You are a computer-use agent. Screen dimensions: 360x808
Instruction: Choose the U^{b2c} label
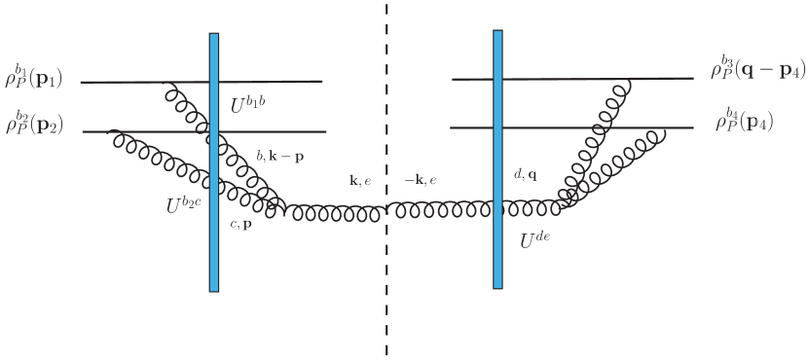pos(184,205)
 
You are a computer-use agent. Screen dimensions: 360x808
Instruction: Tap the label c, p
pos(240,224)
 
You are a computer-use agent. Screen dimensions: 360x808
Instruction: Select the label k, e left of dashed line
pos(359,181)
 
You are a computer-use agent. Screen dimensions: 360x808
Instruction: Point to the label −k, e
pos(420,181)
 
